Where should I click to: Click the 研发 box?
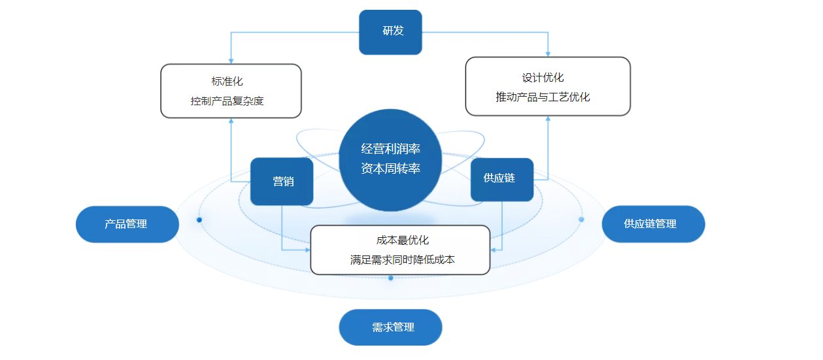coord(390,32)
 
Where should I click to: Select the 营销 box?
coord(282,182)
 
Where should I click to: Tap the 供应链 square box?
coord(502,180)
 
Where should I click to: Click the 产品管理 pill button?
coord(127,224)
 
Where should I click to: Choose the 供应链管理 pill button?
coord(653,223)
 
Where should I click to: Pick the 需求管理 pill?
coord(390,327)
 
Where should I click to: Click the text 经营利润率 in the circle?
coord(390,149)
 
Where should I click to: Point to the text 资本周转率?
coord(390,169)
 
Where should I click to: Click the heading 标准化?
coord(227,81)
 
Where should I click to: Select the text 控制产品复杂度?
coord(227,101)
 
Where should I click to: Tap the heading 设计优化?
coord(543,78)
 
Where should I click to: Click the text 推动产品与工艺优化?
coord(543,97)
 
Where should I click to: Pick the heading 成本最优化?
coord(402,240)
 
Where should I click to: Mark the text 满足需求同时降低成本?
coord(402,260)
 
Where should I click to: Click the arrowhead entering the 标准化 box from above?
coord(231,61)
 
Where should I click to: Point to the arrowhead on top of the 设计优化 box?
coord(548,54)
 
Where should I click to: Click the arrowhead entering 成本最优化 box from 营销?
coord(307,250)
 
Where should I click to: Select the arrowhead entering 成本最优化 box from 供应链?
coord(494,250)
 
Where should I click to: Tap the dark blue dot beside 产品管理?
coord(199,220)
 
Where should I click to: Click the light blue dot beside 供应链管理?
coord(581,220)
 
